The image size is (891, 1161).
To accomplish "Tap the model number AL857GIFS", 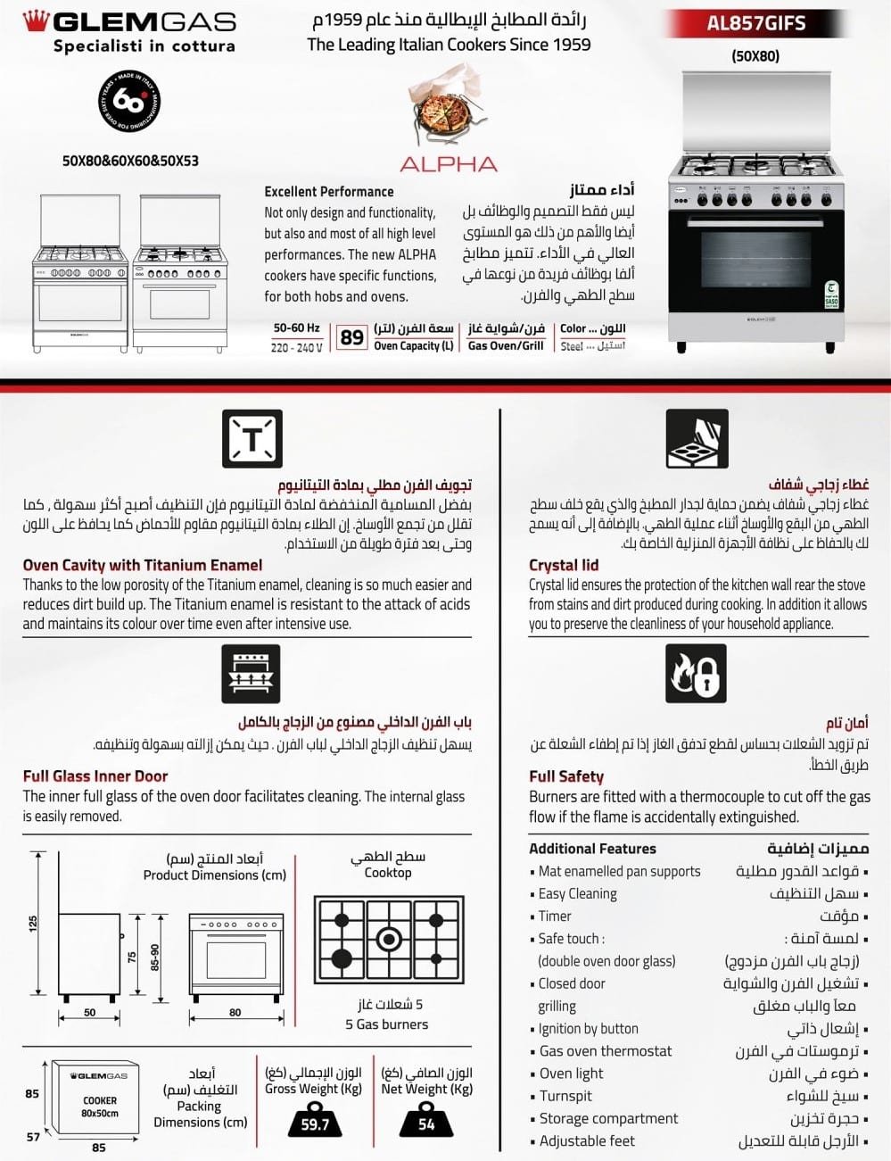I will (755, 23).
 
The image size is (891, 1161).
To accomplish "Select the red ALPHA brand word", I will (449, 164).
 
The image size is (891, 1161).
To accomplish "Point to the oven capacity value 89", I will (352, 337).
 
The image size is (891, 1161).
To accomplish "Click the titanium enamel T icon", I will (252, 439).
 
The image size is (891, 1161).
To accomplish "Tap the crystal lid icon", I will (697, 439).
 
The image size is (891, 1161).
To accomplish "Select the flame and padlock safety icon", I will (696, 673).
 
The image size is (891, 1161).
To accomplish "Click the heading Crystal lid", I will (564, 565).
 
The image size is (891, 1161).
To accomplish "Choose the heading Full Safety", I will (566, 776).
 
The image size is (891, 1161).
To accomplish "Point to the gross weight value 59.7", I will (315, 1124).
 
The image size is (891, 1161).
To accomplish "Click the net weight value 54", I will (426, 1124).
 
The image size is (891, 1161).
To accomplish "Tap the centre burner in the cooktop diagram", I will (388, 939).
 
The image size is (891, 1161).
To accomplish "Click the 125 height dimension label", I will (33, 924).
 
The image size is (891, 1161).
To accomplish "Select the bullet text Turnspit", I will (565, 1096).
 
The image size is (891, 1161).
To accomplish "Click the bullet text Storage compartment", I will (608, 1118).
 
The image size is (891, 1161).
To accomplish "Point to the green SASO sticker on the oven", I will (830, 295).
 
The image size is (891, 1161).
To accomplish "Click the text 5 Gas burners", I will (387, 1024).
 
